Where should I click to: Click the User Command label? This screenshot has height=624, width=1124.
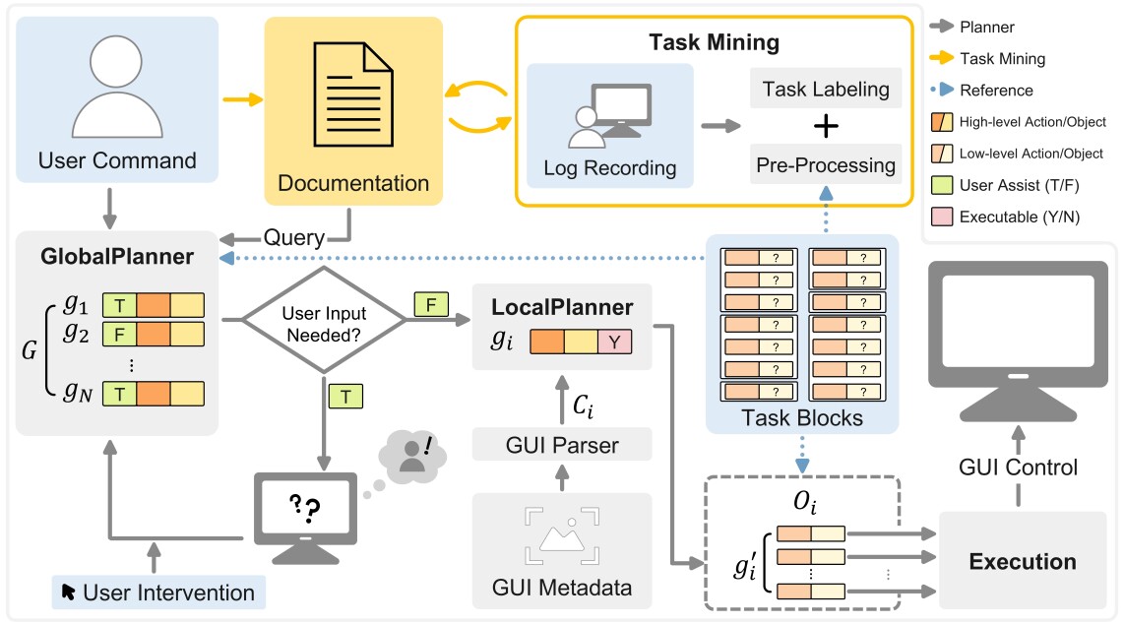point(116,159)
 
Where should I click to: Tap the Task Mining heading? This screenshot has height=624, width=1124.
point(714,42)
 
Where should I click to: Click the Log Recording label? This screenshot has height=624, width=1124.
point(610,167)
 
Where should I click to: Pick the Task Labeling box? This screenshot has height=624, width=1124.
point(825,90)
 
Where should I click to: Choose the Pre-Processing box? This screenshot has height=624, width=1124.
point(825,164)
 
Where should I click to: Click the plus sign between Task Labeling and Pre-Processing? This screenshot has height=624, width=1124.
point(827,126)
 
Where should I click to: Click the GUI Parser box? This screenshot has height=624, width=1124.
point(562,445)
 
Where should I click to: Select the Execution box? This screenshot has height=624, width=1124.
point(1022,562)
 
